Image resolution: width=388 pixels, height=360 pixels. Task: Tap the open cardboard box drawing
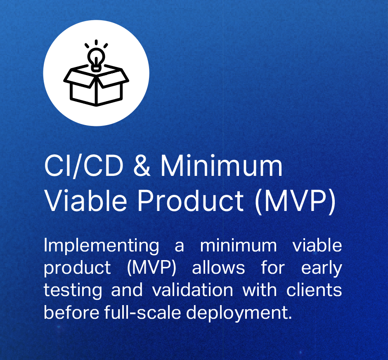coord(96,85)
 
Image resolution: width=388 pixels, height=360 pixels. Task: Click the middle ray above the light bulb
coord(96,42)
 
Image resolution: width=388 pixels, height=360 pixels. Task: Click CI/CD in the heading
coord(84,166)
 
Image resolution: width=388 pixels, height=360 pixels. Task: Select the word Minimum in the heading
coord(222,165)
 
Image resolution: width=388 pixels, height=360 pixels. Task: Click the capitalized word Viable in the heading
coord(85,200)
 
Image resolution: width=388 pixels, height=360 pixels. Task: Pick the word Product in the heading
coord(191,200)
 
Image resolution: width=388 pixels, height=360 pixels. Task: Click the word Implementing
coord(102,246)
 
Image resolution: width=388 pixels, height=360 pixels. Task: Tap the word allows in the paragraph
coord(218,268)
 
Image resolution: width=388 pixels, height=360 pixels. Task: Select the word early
coord(322,269)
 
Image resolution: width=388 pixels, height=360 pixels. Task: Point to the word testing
coord(73,291)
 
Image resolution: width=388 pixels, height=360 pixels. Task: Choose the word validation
coord(192,290)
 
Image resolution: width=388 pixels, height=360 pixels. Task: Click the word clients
coord(314,290)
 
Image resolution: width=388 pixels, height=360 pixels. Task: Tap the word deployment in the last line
coord(239,313)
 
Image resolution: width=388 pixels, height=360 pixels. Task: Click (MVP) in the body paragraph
coord(151,268)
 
